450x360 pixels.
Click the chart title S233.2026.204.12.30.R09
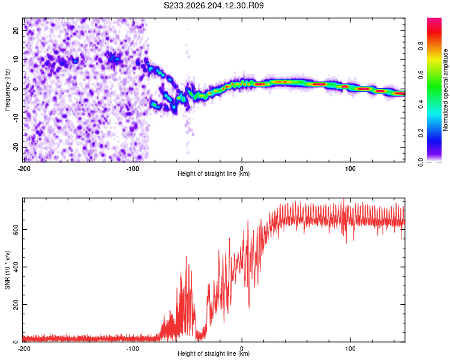coord(214,5)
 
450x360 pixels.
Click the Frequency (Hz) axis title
coord(7,90)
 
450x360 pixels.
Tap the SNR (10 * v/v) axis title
coord(7,270)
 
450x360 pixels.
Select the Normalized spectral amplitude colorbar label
coord(445,90)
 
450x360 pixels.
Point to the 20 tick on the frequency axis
coord(16,30)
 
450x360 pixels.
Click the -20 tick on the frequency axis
coord(16,147)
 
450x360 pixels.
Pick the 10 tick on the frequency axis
coord(16,59)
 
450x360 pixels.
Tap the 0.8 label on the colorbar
coord(421,46)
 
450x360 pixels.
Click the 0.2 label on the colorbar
coord(421,133)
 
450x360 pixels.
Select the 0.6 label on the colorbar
coord(421,75)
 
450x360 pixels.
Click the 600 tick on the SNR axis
coord(16,230)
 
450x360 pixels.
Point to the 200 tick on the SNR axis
coord(16,304)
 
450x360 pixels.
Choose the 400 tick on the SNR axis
coord(16,267)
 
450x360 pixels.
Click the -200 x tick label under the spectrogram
coord(24,169)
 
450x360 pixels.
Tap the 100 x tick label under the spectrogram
coord(350,169)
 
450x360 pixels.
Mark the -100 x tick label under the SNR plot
coord(133,349)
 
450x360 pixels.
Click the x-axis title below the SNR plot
coord(214,353)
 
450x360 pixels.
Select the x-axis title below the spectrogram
coord(214,173)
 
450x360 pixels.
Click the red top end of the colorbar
coord(434,20)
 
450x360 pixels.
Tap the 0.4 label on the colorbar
coord(421,104)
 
